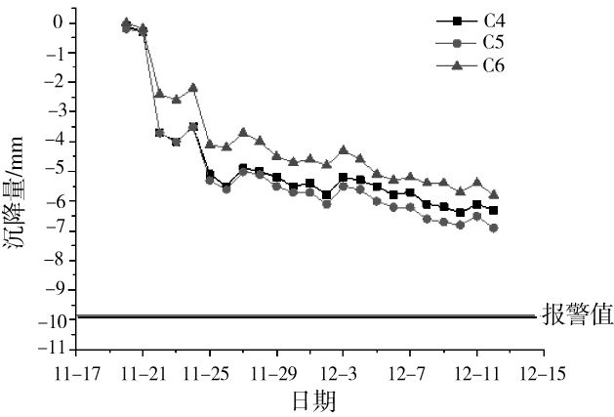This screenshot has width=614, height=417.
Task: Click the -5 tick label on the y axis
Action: pyautogui.click(x=58, y=171)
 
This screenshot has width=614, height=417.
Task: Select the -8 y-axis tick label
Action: pyautogui.click(x=58, y=260)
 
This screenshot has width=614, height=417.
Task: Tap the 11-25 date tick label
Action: pyautogui.click(x=210, y=372)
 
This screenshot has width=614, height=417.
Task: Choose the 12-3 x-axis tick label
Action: pyautogui.click(x=344, y=372)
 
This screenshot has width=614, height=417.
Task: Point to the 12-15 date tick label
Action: pyautogui.click(x=544, y=372)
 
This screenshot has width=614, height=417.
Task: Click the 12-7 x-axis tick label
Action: pyautogui.click(x=410, y=372)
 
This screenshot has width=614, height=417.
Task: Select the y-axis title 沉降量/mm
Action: pyautogui.click(x=18, y=186)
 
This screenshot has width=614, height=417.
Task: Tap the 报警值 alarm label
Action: pyautogui.click(x=575, y=316)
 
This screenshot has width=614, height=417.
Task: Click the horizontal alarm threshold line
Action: pyautogui.click(x=293, y=315)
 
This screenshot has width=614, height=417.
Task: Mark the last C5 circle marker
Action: pyautogui.click(x=493, y=228)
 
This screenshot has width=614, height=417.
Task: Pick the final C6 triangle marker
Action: pyautogui.click(x=493, y=194)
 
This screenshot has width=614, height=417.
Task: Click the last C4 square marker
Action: pyautogui.click(x=493, y=210)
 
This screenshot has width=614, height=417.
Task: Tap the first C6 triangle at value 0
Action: pyautogui.click(x=126, y=21)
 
